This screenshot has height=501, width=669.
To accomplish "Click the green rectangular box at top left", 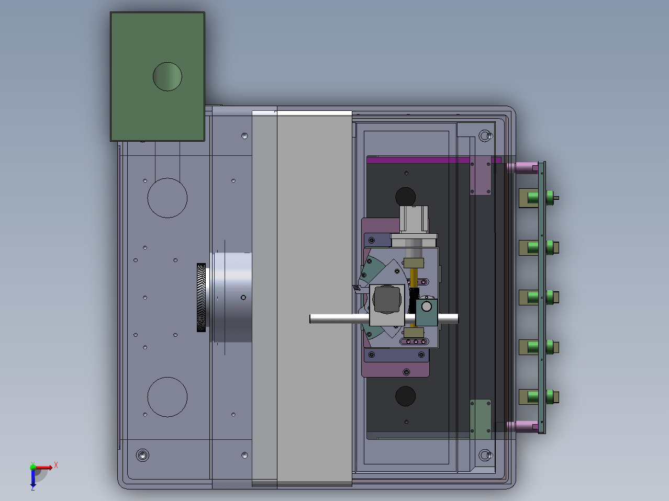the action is click(x=157, y=77).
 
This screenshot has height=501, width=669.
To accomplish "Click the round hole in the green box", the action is click(x=168, y=77).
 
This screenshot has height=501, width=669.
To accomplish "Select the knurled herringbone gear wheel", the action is click(x=201, y=298).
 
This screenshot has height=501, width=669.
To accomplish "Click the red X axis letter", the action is click(x=56, y=465).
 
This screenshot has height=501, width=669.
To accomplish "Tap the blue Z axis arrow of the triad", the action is click(x=33, y=479).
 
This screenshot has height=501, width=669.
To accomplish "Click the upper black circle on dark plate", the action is click(x=405, y=197).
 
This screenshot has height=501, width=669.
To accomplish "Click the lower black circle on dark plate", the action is click(x=405, y=396).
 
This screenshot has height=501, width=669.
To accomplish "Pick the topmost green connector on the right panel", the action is click(x=539, y=198).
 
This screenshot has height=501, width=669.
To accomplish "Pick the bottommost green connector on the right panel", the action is click(x=539, y=397).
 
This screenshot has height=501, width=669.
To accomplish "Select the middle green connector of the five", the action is click(x=539, y=298).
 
